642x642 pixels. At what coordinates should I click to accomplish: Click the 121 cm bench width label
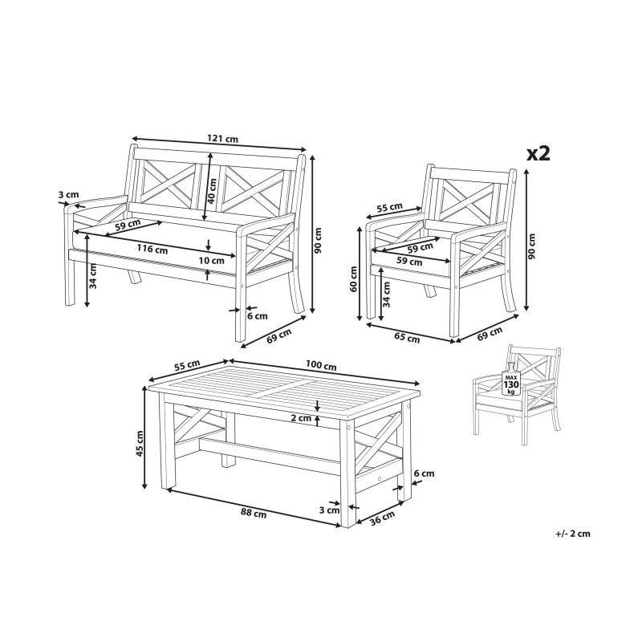tap(223, 138)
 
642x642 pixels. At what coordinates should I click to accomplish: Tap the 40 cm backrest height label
tap(212, 192)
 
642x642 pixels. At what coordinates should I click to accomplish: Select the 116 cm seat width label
tap(152, 248)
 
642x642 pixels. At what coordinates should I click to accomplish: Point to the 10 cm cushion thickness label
tap(212, 260)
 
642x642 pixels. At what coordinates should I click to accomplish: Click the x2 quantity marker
tap(538, 153)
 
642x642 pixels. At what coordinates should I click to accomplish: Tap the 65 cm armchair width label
tap(407, 337)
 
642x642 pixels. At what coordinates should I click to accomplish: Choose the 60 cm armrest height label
tap(354, 278)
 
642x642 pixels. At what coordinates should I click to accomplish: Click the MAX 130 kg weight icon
tap(511, 380)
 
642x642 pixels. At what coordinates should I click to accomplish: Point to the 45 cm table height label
tap(140, 444)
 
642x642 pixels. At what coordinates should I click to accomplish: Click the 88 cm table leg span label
tap(254, 513)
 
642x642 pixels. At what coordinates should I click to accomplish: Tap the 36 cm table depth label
tap(383, 518)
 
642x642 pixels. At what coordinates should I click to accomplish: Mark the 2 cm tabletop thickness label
tap(302, 418)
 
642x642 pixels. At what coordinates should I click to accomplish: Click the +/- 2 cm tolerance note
tap(573, 534)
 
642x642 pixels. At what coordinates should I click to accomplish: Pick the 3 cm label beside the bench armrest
tap(68, 194)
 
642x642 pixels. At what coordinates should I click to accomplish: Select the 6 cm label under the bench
tap(258, 315)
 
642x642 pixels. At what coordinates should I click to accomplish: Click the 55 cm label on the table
tap(187, 365)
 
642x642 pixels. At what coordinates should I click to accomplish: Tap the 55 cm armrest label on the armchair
tap(389, 208)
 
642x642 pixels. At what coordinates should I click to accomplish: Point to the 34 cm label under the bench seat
tap(93, 276)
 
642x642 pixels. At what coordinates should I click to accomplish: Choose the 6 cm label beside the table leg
tap(425, 473)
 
